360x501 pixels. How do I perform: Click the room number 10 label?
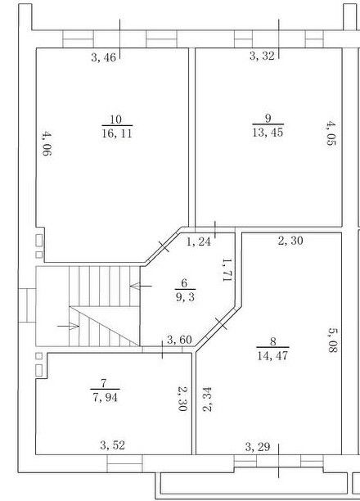tap(116, 120)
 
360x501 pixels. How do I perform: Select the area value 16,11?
tap(117, 133)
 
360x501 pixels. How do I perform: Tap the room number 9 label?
tap(268, 118)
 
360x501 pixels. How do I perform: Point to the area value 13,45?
tap(268, 132)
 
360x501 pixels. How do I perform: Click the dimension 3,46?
tap(103, 58)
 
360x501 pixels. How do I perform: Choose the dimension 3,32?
tap(262, 56)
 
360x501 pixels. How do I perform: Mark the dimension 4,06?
tap(47, 143)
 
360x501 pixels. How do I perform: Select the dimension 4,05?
tap(331, 133)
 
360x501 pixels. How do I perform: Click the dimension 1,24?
tap(198, 241)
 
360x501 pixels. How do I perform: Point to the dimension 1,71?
tap(227, 270)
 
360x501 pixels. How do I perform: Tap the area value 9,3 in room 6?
tap(185, 298)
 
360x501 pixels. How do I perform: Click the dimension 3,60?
tap(179, 340)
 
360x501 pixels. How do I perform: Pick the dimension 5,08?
tap(332, 340)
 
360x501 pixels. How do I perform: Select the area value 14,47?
tap(272, 355)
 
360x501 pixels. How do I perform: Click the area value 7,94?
tap(105, 398)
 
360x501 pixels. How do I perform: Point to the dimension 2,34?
tap(208, 399)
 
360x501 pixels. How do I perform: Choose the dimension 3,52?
tap(112, 445)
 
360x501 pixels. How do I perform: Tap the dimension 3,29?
tap(258, 447)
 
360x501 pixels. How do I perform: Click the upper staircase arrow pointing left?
tap(141, 286)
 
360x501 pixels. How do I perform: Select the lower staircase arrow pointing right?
tap(68, 327)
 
